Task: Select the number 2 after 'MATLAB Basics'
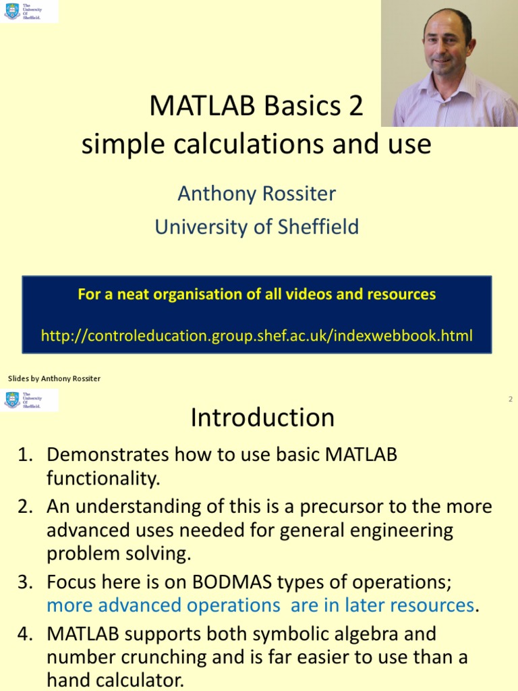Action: point(355,106)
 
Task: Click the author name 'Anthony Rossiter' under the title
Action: point(256,194)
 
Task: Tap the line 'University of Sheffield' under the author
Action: point(256,227)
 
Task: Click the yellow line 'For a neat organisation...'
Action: point(256,294)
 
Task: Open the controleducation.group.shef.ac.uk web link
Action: point(256,335)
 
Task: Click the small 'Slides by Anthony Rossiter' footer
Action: point(54,379)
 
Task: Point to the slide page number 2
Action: point(511,399)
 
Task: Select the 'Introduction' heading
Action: point(262,418)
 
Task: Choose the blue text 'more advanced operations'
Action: point(163,605)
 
